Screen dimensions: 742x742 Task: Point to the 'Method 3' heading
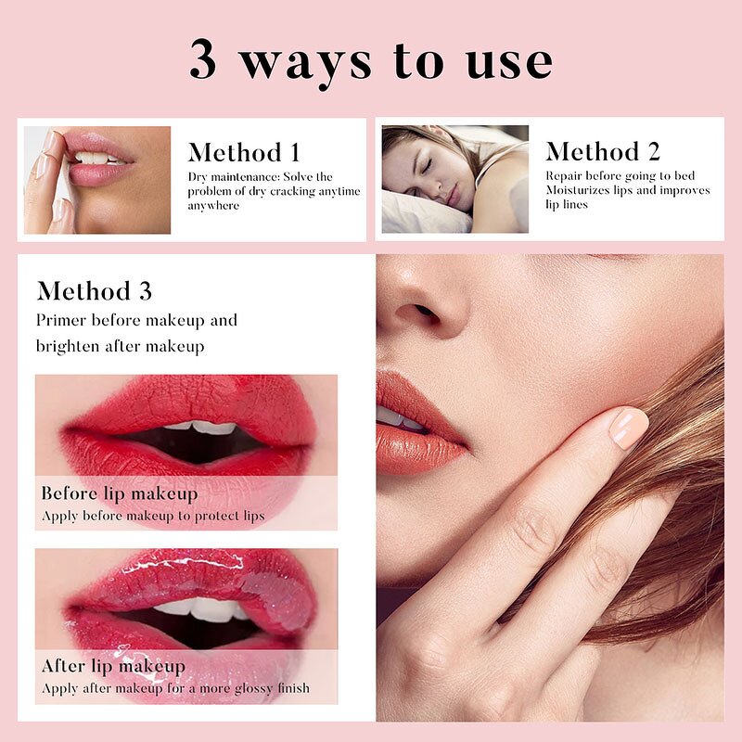coord(94,290)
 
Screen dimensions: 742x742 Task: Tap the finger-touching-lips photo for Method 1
coord(96,179)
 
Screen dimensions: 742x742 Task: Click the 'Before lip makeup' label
coord(119,493)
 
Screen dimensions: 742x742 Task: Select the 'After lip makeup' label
coord(113,666)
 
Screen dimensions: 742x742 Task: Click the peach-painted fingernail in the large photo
coord(629,428)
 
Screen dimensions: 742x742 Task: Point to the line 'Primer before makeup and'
coord(136,320)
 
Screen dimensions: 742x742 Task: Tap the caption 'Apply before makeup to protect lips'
coord(153,516)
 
